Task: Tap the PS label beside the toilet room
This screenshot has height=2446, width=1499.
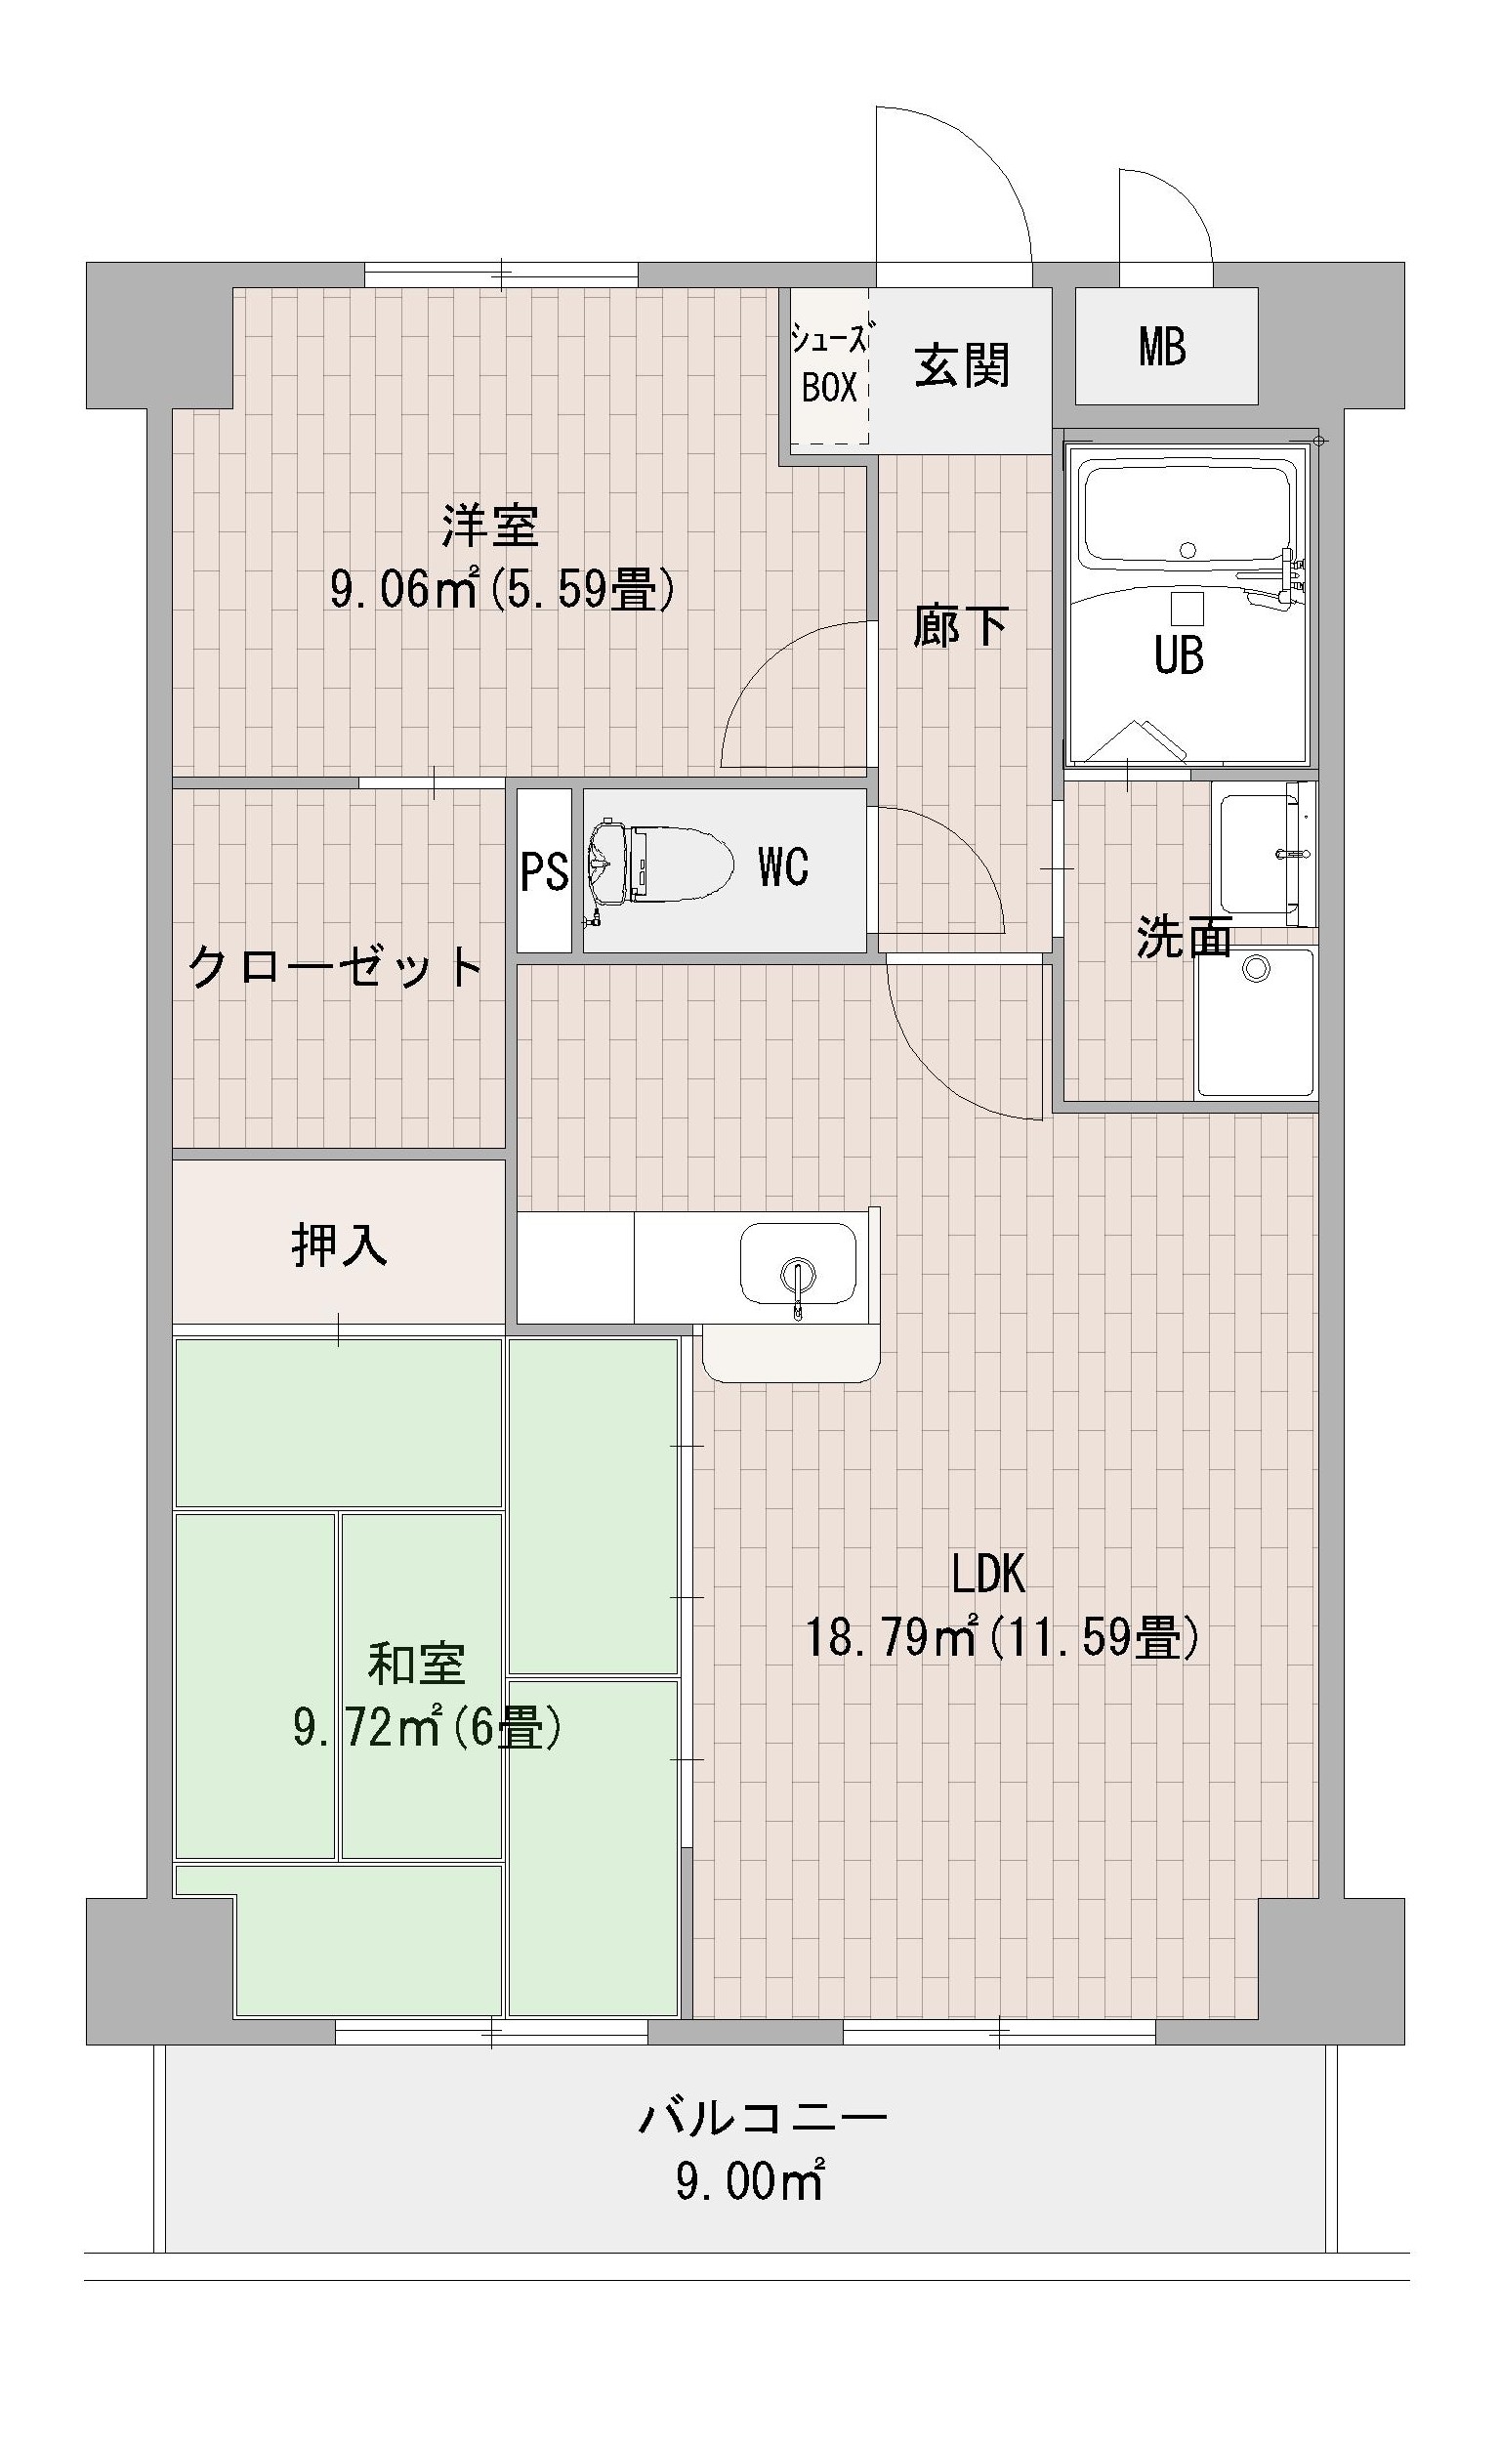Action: click(545, 871)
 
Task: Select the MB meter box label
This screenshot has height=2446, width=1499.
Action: click(1162, 348)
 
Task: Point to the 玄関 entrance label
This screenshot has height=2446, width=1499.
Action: click(962, 365)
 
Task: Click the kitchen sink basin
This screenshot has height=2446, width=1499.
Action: click(798, 1264)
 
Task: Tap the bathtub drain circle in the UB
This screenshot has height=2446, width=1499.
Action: click(1187, 549)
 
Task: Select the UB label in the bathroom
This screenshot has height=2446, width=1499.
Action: click(1180, 655)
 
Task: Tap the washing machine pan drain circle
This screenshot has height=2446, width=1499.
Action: click(1256, 969)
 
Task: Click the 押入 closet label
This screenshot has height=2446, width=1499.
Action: click(339, 1244)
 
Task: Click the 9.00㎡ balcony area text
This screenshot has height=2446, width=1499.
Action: click(750, 2183)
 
